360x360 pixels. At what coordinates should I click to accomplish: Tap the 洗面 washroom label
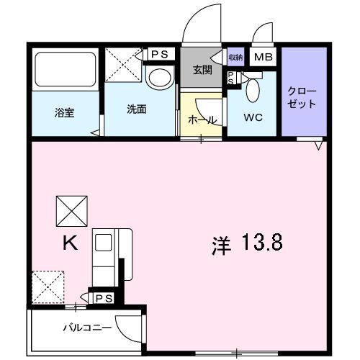pyautogui.click(x=137, y=109)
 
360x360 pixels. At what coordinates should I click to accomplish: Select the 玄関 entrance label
pyautogui.click(x=202, y=69)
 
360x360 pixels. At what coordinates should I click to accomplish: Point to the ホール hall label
pyautogui.click(x=202, y=120)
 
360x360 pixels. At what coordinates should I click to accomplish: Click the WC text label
pyautogui.click(x=252, y=117)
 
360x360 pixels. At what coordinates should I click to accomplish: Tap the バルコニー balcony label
pyautogui.click(x=86, y=327)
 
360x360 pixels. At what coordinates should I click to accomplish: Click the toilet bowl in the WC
pyautogui.click(x=253, y=91)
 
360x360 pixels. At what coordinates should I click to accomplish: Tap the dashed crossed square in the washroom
pyautogui.click(x=124, y=66)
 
